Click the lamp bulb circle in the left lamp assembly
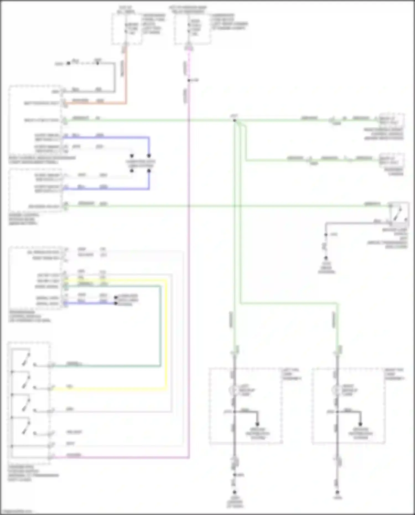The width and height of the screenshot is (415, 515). (234, 390)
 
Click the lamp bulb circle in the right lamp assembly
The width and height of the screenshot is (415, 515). (336, 390)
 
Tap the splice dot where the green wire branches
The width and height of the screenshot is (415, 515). (234, 120)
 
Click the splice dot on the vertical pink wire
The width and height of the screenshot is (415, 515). (189, 81)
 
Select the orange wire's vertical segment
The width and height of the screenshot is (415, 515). (126, 75)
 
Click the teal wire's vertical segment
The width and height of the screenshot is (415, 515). (160, 327)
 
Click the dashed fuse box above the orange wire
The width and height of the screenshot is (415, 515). (127, 29)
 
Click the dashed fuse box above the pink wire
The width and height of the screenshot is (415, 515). (193, 29)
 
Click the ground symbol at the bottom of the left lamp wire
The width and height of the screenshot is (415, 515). (234, 492)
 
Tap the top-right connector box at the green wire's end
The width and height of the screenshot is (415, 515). (391, 120)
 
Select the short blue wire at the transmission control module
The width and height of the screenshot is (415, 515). (91, 303)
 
